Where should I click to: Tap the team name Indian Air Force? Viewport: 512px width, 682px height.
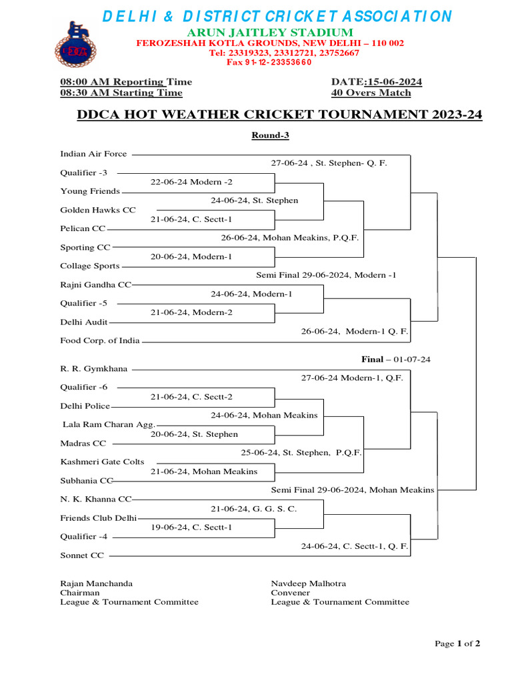tap(93, 154)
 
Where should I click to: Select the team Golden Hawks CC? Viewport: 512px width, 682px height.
tap(98, 210)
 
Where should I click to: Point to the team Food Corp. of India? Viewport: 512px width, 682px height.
tap(100, 340)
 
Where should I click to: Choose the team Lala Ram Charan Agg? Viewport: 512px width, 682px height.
tap(109, 424)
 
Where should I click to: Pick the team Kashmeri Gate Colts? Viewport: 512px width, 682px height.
tap(102, 462)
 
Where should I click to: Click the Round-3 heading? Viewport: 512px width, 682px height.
tap(270, 135)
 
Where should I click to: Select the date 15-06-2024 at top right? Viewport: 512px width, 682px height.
tap(377, 82)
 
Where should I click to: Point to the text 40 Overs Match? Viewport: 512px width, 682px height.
tap(371, 93)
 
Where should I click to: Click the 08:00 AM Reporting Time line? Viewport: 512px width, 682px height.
tap(126, 82)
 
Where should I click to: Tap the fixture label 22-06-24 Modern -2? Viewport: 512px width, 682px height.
tap(191, 182)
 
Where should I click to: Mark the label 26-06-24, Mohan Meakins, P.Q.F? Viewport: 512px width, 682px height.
tap(291, 237)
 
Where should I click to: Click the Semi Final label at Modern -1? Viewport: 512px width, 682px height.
tap(326, 274)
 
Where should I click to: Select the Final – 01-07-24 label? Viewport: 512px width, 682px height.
tap(396, 360)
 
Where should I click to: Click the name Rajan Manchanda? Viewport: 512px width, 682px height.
tap(97, 583)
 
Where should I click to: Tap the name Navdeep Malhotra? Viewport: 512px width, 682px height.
tap(308, 583)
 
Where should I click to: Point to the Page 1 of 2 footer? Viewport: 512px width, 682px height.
tap(457, 643)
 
